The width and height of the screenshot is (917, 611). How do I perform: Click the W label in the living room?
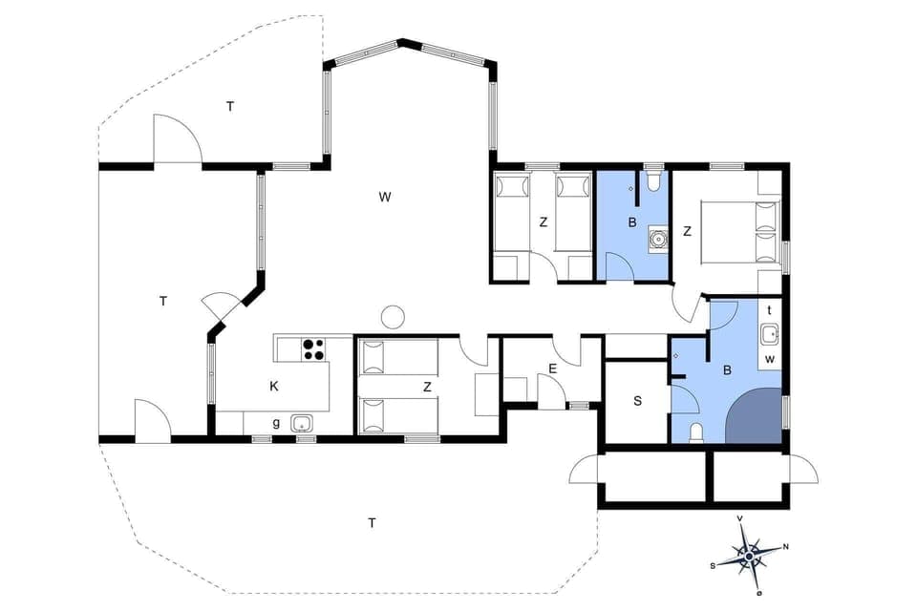click(385, 198)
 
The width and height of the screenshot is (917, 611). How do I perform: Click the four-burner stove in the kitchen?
click(312, 349)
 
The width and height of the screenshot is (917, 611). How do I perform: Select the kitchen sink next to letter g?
click(303, 423)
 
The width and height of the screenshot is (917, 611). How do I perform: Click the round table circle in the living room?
click(392, 316)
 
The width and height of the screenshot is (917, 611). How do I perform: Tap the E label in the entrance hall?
click(552, 369)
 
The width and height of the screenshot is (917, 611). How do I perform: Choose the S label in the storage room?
click(637, 401)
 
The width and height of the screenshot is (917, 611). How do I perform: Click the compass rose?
click(750, 554)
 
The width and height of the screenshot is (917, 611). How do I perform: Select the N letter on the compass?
click(785, 547)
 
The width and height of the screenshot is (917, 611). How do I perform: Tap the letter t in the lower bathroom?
click(769, 309)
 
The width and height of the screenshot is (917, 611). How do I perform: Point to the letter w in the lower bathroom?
click(769, 359)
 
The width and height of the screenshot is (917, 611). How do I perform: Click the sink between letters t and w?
click(770, 334)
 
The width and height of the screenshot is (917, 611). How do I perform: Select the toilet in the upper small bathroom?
click(653, 180)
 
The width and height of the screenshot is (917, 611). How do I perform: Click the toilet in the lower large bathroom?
click(696, 432)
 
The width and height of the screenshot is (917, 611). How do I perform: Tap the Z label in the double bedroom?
click(687, 230)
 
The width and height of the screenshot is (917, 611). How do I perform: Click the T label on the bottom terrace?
click(372, 522)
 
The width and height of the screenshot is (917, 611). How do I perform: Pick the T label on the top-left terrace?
click(229, 106)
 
